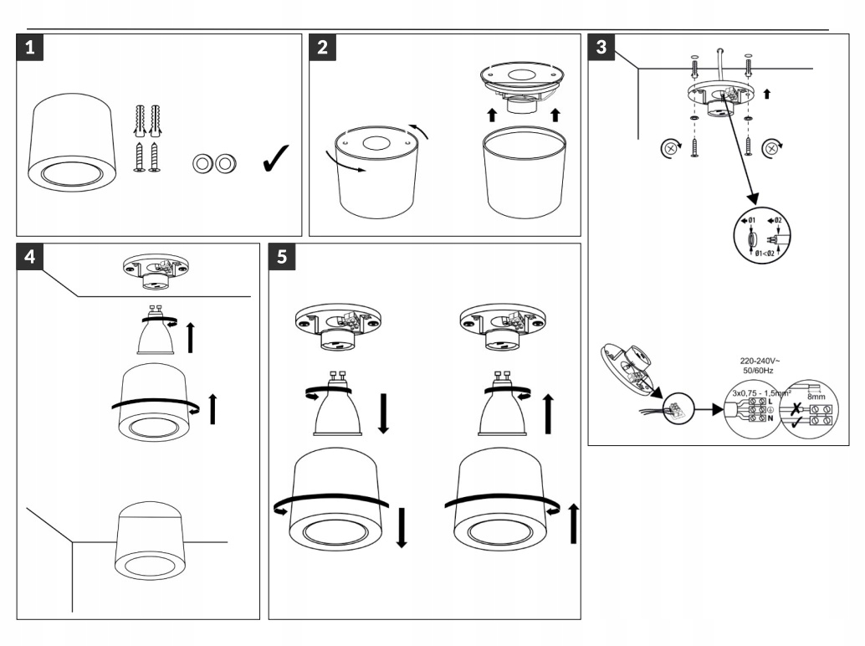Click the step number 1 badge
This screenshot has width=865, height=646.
(x=30, y=49)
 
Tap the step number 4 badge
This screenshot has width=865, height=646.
(x=30, y=258)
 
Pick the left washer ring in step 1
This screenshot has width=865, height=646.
(x=202, y=162)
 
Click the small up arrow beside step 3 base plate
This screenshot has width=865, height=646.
(x=767, y=94)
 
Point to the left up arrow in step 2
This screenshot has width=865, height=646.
(x=492, y=114)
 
